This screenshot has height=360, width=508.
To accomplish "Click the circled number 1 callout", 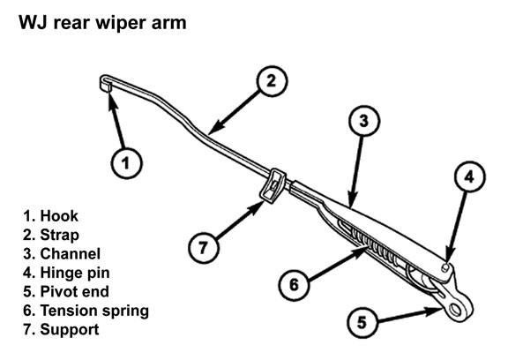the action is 126,163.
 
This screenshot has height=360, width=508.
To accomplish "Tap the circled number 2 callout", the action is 272,81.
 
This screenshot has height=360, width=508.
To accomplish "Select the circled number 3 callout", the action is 364,121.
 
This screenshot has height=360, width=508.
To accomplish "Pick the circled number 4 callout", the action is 470,176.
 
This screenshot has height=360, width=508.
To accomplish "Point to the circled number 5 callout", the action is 362,322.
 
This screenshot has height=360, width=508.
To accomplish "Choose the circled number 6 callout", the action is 294,285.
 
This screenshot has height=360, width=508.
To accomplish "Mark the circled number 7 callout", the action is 204,248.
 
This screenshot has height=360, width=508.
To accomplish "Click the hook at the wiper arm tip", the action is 105,83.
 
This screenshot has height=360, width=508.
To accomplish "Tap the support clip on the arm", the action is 273,185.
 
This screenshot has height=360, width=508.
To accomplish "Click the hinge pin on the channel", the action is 445,266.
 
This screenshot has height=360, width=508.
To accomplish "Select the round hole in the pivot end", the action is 455,309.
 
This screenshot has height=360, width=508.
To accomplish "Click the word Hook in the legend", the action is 59,216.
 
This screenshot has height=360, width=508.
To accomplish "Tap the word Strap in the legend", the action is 59,236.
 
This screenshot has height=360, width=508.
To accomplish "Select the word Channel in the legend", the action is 70,254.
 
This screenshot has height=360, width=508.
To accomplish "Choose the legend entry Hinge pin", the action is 66,273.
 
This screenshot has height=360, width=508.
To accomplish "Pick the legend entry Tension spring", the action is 86,311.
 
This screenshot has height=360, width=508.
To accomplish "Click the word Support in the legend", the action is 70,330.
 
